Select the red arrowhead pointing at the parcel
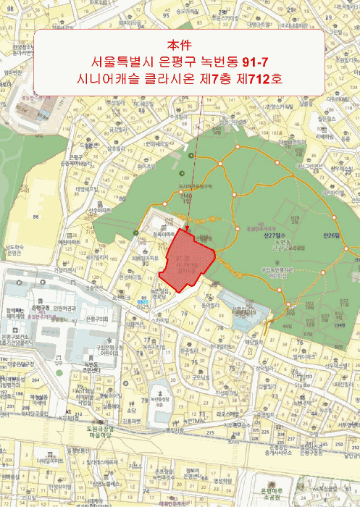189,230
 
